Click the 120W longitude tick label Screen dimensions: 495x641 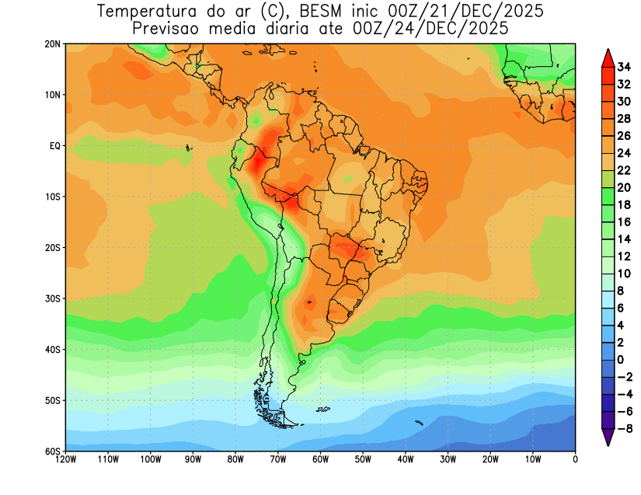point(66,459)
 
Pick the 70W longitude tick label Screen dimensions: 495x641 point(278,459)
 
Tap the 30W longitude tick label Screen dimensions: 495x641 point(448,459)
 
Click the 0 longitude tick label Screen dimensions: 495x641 point(575,459)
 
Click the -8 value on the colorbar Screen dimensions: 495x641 point(623,427)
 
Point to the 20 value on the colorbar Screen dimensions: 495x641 point(624,187)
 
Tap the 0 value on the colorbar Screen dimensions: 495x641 point(620,360)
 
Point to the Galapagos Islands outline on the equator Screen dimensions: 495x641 point(188,147)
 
